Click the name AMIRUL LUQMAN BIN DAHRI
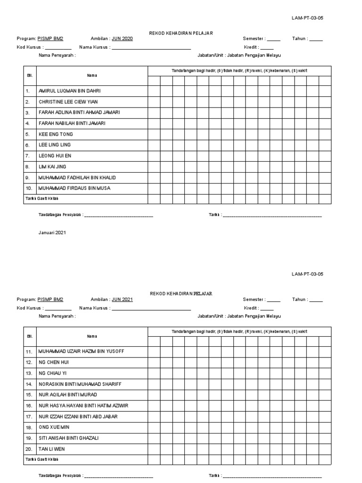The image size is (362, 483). (x=69, y=91)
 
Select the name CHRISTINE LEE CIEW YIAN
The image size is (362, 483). (x=69, y=101)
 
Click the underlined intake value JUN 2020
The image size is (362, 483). (x=122, y=39)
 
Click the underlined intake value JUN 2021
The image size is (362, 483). (x=122, y=300)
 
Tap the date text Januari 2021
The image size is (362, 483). (x=52, y=233)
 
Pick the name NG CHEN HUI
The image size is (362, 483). (x=54, y=362)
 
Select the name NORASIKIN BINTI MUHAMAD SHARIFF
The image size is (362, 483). (x=80, y=384)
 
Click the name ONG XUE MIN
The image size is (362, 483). (x=54, y=427)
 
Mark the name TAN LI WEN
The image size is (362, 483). (x=51, y=449)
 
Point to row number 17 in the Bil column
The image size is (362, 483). (x=28, y=416)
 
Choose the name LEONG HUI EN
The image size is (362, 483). (x=55, y=156)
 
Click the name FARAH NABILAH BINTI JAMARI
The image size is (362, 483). (x=72, y=123)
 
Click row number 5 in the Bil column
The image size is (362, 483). (x=28, y=134)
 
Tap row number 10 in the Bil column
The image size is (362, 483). (x=28, y=188)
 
